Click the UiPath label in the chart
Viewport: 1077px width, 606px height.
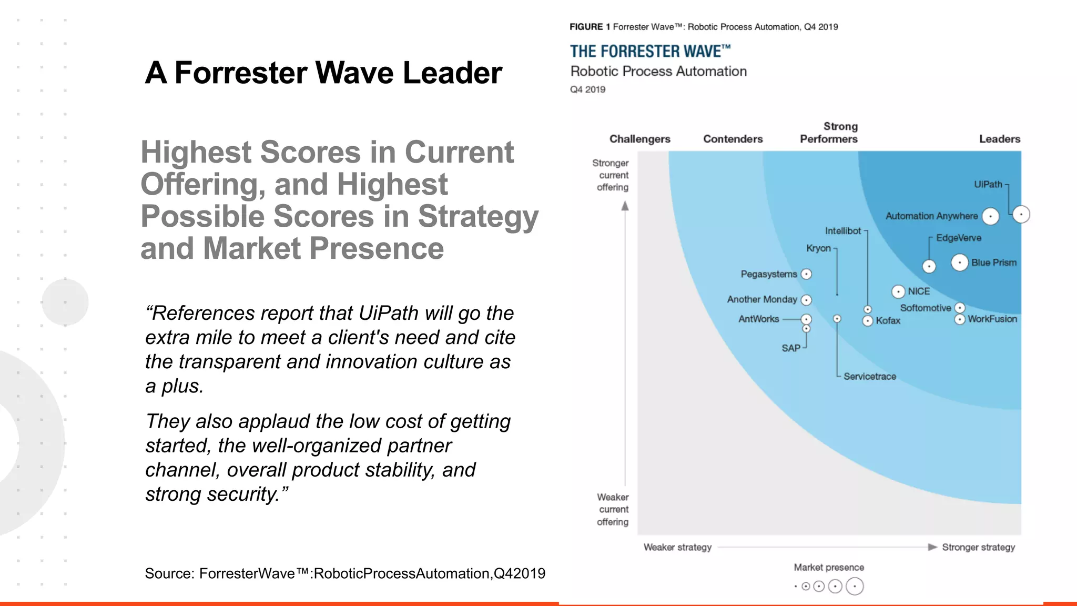point(988,185)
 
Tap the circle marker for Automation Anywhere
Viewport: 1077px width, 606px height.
point(990,216)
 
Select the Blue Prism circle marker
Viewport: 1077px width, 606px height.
point(960,262)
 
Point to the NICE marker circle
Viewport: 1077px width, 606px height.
point(898,291)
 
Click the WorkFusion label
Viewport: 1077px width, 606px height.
point(992,319)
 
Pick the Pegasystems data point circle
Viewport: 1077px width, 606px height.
point(806,274)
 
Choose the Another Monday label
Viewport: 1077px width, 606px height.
point(761,299)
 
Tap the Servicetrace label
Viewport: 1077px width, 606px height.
point(870,377)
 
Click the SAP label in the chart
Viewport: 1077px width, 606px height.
point(791,348)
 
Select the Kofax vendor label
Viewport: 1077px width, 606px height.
point(888,321)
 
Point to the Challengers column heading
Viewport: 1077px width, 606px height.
point(639,139)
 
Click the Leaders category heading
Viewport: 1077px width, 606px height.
point(999,139)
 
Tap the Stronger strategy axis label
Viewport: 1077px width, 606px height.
point(978,547)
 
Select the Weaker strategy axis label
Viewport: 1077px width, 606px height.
point(677,547)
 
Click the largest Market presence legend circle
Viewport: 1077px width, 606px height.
point(855,586)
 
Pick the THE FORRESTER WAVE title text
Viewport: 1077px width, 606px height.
point(650,52)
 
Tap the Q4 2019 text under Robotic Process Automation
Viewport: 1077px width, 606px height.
point(587,89)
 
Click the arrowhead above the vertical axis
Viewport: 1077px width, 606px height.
point(625,206)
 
